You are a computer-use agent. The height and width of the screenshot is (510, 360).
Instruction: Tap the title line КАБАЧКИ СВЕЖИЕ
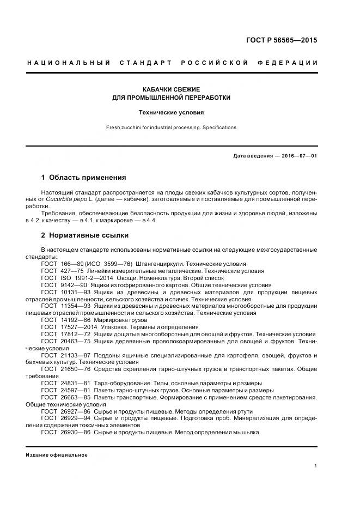coord(171,88)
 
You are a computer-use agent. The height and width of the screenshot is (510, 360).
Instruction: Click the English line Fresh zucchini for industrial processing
coord(171,127)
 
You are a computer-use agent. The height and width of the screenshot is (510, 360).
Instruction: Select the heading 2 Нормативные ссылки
coord(85,235)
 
